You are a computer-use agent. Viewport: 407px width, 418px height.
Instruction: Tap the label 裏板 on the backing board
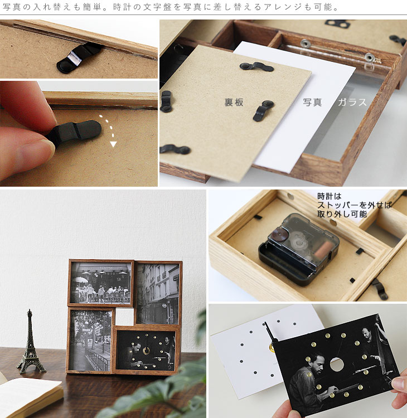tap(234, 103)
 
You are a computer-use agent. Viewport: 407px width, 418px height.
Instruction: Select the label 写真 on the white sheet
tap(312, 102)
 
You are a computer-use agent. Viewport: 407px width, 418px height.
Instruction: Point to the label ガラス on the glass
tap(352, 102)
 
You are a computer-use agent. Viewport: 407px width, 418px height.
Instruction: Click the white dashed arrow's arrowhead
tap(113, 144)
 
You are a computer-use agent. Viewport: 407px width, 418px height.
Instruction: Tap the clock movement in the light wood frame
tap(299, 249)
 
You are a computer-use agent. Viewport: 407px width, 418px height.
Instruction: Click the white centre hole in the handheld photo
tap(337, 364)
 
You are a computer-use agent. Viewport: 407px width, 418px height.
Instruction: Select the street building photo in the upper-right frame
tap(158, 294)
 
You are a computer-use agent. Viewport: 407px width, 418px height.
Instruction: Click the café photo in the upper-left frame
tap(101, 283)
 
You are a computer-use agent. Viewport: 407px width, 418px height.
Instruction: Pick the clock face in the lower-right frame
tap(146, 350)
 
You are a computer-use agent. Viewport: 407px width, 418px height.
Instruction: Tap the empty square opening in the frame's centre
tap(124, 316)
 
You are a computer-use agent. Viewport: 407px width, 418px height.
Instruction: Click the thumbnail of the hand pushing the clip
tap(79, 134)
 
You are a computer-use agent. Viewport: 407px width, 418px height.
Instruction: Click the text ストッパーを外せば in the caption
tap(355, 205)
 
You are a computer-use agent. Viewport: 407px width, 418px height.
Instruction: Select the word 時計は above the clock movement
tap(330, 197)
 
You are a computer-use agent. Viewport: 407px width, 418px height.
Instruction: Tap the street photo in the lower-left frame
tap(90, 341)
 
